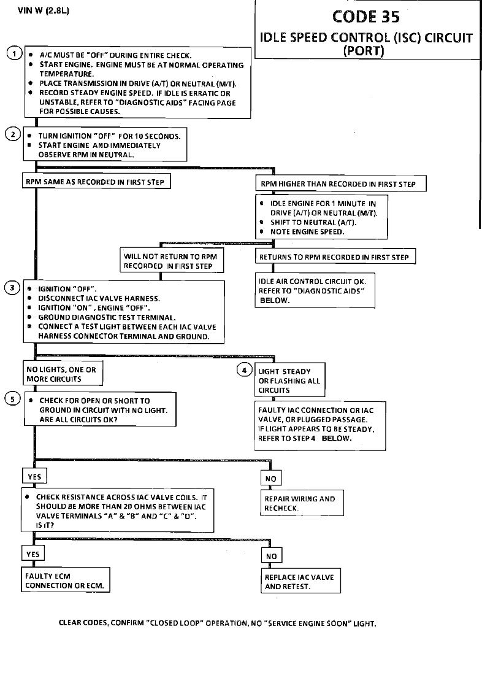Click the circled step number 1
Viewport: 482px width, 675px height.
14,53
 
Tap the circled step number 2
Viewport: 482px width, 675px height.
13,134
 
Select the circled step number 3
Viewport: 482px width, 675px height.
13,288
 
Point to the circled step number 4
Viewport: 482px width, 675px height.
245,370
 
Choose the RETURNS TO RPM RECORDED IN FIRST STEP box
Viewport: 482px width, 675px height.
335,257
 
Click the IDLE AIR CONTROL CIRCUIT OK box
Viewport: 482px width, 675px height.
314,291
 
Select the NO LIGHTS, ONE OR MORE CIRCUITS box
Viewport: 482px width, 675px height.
61,374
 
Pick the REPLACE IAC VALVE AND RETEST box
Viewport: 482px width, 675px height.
300,582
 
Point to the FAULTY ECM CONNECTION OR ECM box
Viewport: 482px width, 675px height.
66,580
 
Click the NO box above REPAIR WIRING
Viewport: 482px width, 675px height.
271,479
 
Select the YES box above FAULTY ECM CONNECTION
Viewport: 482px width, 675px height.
33,554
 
